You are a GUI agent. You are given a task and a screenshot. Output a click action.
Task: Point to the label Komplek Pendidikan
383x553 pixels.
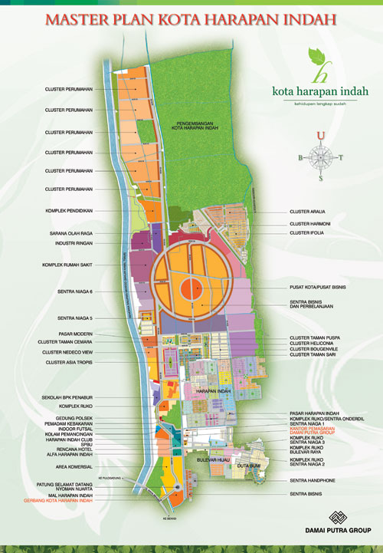[x=69, y=209]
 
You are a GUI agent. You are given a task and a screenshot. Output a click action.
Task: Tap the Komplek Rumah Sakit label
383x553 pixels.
[x=67, y=266]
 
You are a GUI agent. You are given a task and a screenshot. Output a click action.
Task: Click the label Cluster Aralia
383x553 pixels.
[x=307, y=212]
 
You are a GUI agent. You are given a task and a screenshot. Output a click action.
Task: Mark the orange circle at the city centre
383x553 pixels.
[x=191, y=291]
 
